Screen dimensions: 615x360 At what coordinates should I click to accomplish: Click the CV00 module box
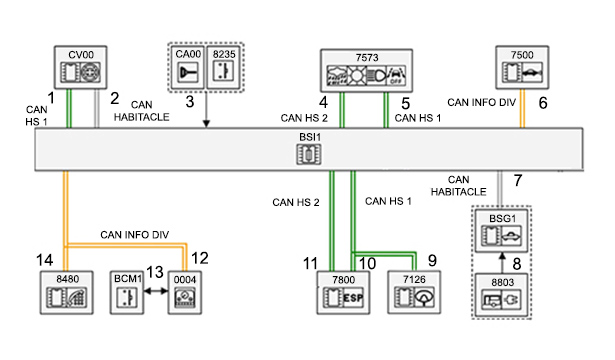80,67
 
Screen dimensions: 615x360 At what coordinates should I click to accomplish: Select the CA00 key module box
188,67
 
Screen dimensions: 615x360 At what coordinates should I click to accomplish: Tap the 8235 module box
224,67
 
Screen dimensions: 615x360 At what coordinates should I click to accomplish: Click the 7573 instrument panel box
366,71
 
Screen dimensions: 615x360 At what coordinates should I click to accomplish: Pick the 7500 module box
522,67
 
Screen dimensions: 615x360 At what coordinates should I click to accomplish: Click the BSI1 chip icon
309,154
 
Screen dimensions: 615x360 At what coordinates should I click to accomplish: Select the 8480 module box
67,293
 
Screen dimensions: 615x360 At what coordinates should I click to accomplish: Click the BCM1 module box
127,293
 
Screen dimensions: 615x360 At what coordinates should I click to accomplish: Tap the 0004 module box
185,293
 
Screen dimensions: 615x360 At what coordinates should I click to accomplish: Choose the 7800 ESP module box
343,293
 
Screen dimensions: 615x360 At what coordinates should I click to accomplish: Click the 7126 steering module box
414,293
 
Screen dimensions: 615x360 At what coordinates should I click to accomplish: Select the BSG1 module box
502,231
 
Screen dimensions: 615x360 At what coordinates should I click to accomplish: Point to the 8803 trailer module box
502,295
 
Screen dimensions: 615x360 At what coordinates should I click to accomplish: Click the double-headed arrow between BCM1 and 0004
156,291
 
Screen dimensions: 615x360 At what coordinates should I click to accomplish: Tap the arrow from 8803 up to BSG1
502,263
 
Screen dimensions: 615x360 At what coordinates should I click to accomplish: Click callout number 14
44,260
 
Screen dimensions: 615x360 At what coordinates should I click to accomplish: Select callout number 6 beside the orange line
543,103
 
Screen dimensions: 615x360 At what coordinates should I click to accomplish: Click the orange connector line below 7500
522,108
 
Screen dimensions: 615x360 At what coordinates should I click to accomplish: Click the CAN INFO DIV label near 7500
481,102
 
